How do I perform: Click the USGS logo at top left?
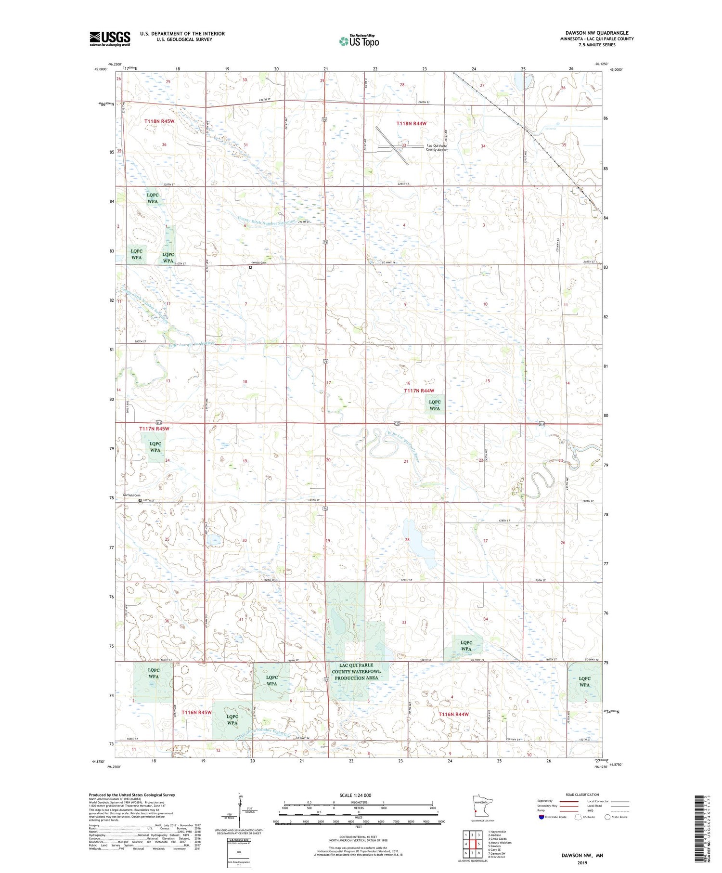point(110,39)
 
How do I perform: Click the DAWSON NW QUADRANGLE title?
point(596,33)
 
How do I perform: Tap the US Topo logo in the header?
point(359,41)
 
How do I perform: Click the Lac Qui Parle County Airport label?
point(437,147)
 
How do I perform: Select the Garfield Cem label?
point(131,495)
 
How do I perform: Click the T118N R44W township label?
point(411,124)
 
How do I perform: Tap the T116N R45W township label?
point(196,712)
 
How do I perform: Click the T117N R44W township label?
point(419,391)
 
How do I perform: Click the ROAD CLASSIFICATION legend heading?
point(582,795)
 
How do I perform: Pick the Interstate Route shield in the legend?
point(541,817)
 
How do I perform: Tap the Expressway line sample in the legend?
point(570,801)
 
